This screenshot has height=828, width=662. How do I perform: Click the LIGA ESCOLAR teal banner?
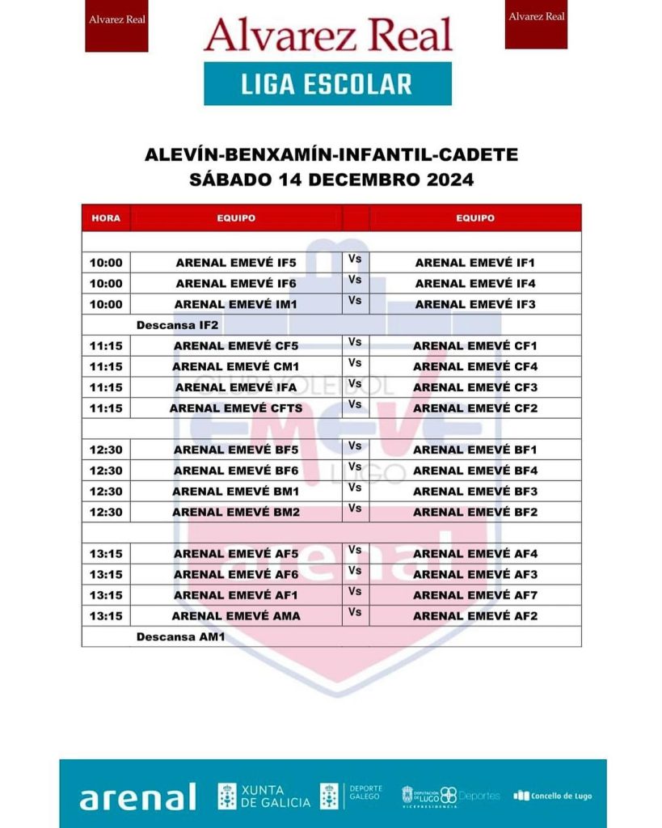pyautogui.click(x=327, y=84)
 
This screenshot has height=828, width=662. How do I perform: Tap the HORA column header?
pyautogui.click(x=106, y=218)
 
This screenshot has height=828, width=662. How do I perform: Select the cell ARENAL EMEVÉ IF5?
pyautogui.click(x=236, y=263)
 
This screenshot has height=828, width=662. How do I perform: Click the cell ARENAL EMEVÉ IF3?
pyautogui.click(x=475, y=305)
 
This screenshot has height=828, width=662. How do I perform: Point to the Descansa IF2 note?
pyautogui.click(x=178, y=325)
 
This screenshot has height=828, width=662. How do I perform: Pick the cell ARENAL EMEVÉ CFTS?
pyautogui.click(x=236, y=408)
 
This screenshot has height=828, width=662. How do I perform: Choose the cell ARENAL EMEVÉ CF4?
pyautogui.click(x=475, y=366)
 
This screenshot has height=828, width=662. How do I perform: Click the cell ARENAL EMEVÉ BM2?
pyautogui.click(x=236, y=512)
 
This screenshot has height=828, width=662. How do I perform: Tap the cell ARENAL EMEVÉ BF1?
pyautogui.click(x=475, y=450)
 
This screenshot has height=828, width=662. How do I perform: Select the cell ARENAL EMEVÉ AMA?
pyautogui.click(x=236, y=616)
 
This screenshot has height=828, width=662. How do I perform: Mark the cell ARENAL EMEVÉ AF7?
pyautogui.click(x=475, y=595)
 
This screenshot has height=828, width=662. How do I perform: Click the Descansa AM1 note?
pyautogui.click(x=179, y=637)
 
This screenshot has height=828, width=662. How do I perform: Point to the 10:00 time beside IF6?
pyautogui.click(x=106, y=284)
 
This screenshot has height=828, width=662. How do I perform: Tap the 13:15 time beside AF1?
pyautogui.click(x=106, y=595)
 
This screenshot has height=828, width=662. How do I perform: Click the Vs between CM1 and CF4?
pyautogui.click(x=355, y=363)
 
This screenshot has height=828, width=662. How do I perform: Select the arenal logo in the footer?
pyautogui.click(x=137, y=796)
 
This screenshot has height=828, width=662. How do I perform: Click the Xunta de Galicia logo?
pyautogui.click(x=264, y=796)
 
